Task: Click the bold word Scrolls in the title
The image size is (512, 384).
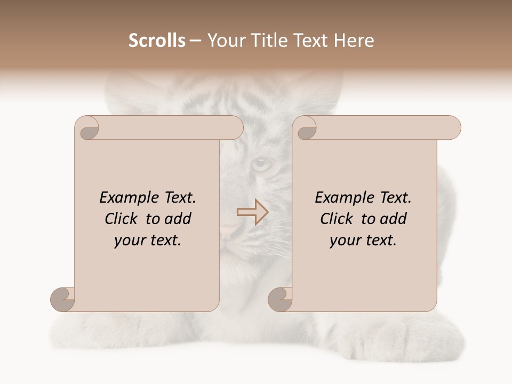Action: point(157,41)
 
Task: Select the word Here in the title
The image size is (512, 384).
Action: point(354,41)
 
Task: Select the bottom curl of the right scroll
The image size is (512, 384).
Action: point(280,299)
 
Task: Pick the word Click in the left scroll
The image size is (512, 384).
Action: point(120,219)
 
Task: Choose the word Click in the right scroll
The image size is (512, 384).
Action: point(335,219)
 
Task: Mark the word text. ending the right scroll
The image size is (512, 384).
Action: point(380,241)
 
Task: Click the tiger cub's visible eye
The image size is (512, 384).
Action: point(261,163)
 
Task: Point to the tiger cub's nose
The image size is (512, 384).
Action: point(229,230)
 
